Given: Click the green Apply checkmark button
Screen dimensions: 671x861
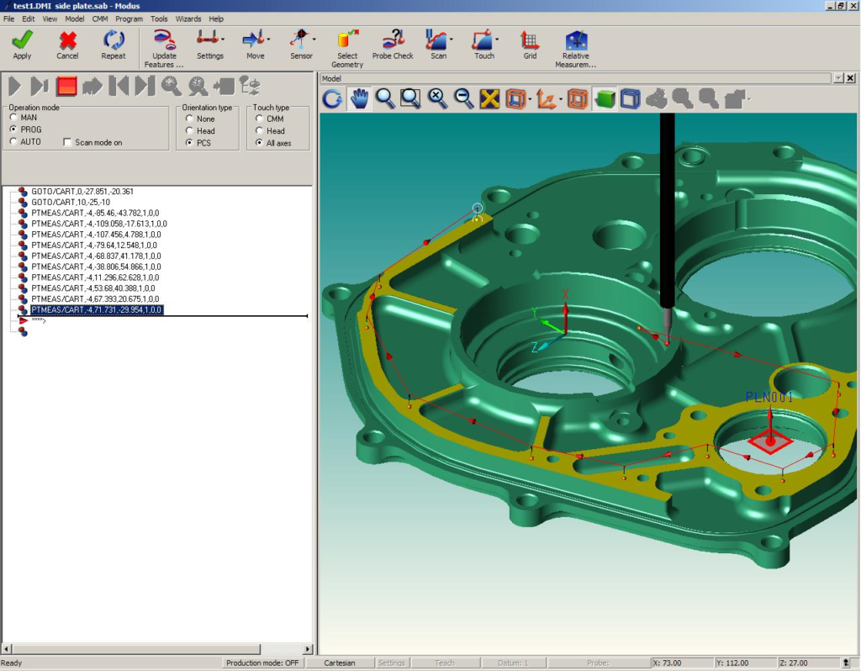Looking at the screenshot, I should (22, 45).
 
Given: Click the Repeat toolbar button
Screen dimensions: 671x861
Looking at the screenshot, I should (114, 45).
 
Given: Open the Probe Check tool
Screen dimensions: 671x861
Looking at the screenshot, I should (393, 45).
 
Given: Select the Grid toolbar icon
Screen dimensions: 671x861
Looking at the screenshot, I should (530, 45).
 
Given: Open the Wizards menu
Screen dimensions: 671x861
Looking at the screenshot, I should (188, 18).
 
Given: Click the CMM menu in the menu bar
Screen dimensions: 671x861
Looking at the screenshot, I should (100, 18).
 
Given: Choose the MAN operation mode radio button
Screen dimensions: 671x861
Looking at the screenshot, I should (13, 118).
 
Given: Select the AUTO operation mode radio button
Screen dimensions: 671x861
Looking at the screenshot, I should (13, 142).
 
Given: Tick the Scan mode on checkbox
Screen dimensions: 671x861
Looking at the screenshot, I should (68, 143).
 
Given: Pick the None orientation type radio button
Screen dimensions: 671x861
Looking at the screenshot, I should (189, 119).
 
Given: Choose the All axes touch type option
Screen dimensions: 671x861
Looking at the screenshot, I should (259, 143).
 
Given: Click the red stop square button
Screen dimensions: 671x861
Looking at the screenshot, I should (66, 86).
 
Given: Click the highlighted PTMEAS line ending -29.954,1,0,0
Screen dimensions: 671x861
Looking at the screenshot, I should (97, 310).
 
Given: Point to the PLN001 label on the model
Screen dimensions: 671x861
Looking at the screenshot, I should (769, 397).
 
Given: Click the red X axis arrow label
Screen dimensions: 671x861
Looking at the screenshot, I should (566, 294).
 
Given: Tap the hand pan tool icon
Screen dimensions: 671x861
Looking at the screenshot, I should (359, 99).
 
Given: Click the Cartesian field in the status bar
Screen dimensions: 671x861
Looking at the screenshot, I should (340, 663).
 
